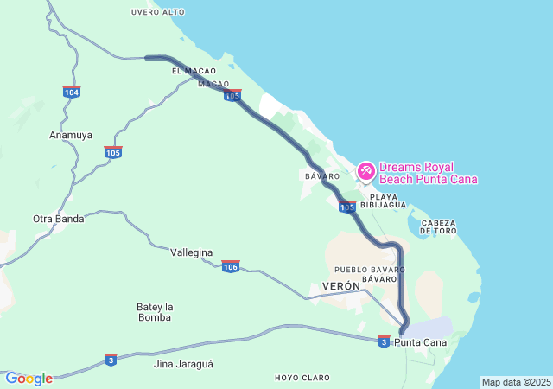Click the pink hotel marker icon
click(366, 171)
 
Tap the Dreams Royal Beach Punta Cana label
click(428, 173)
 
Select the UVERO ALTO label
click(158, 12)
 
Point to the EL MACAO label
click(193, 71)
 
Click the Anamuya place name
click(71, 136)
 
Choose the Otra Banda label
click(58, 219)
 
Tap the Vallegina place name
click(191, 252)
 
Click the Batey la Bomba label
click(156, 312)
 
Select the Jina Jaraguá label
click(182, 364)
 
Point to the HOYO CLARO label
click(302, 378)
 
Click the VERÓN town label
click(340, 286)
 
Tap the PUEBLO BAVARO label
click(369, 270)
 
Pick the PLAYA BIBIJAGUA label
click(391, 201)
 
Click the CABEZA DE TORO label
click(437, 227)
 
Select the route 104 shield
click(72, 92)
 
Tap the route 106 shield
click(230, 266)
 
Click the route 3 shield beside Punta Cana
click(384, 342)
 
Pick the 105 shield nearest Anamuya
click(113, 152)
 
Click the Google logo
click(29, 379)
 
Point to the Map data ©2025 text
click(516, 382)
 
